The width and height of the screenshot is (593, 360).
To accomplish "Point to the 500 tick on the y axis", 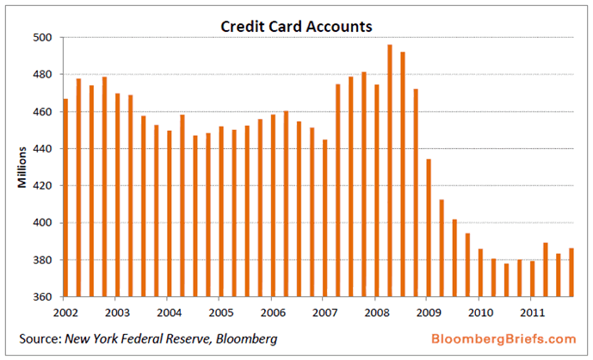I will point(44,38).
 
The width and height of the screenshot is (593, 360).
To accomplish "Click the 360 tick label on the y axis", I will point(44,297).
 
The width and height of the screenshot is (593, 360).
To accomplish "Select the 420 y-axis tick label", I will point(44,186).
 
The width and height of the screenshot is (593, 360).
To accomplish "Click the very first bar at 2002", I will point(65,198).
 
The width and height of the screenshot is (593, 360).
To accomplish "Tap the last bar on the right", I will point(571,272).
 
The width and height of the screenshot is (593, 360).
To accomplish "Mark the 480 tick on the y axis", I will point(44,75).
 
